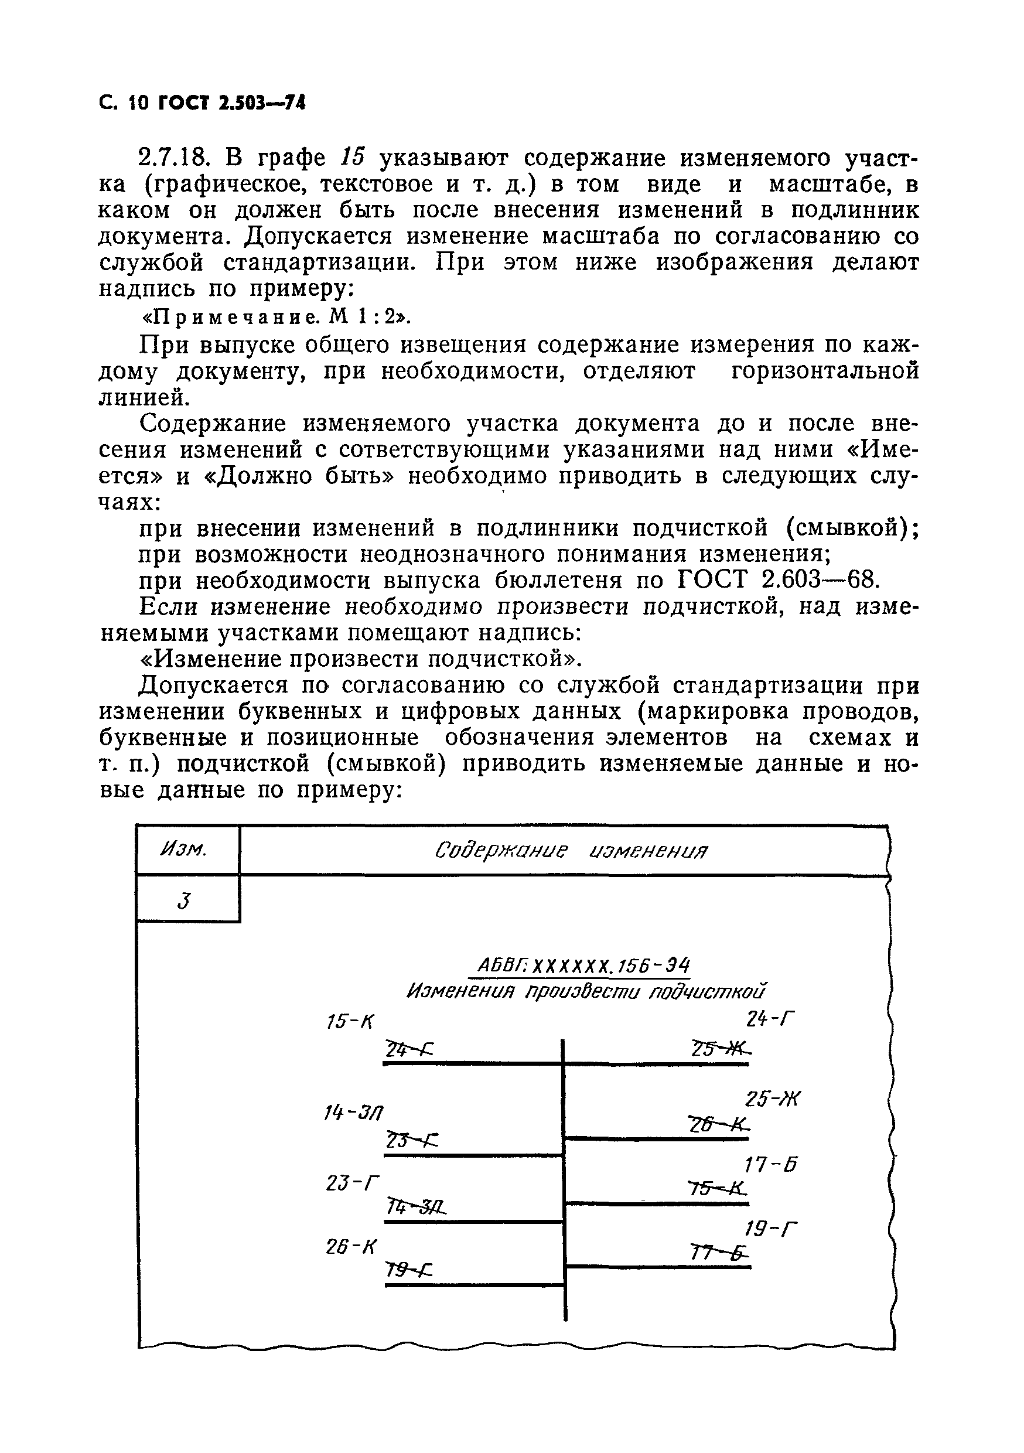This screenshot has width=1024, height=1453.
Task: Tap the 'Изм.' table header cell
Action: click(x=186, y=850)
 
